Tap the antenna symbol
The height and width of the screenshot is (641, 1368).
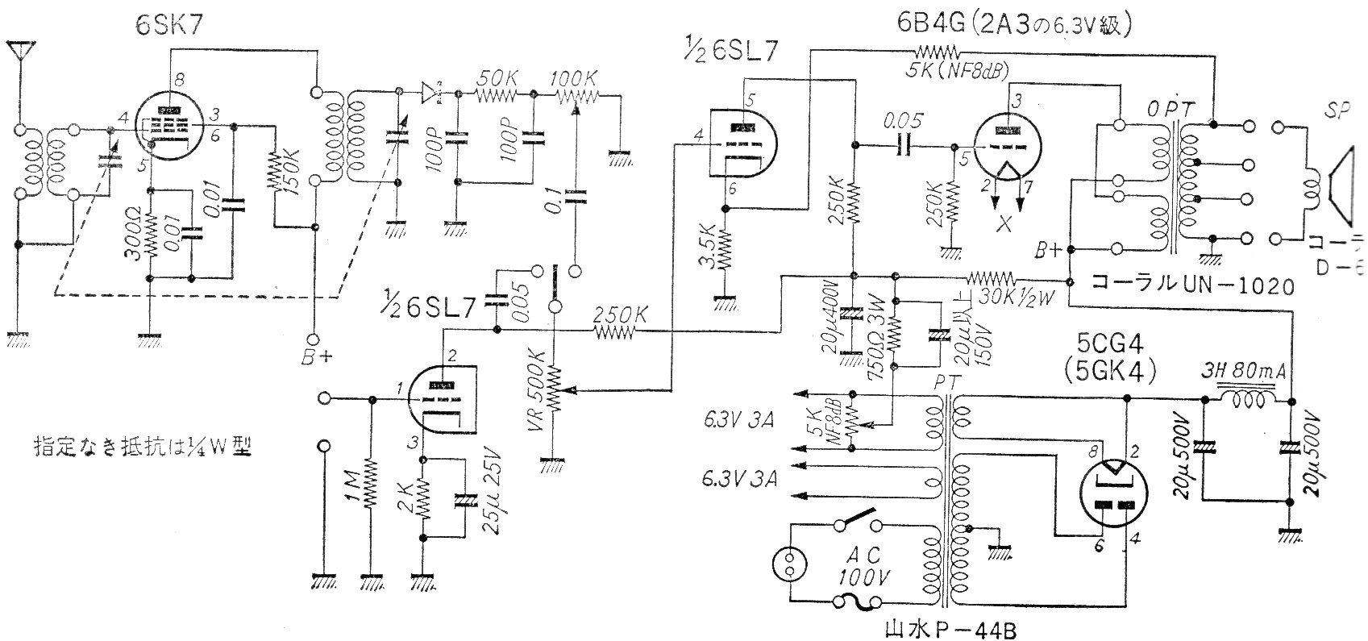click(16, 50)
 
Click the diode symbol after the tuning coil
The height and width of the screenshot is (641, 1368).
click(432, 94)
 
